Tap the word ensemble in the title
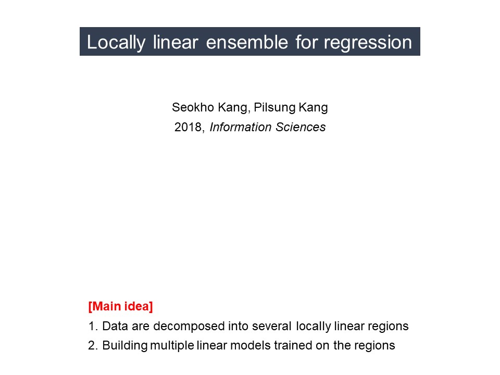(247, 42)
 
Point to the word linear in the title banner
(176, 42)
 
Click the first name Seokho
(193, 107)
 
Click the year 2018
(188, 127)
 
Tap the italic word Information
(241, 127)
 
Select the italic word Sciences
(301, 127)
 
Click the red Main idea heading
(120, 306)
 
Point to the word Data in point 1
(115, 326)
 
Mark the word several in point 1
(272, 326)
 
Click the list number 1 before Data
(93, 326)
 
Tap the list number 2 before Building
(93, 346)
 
